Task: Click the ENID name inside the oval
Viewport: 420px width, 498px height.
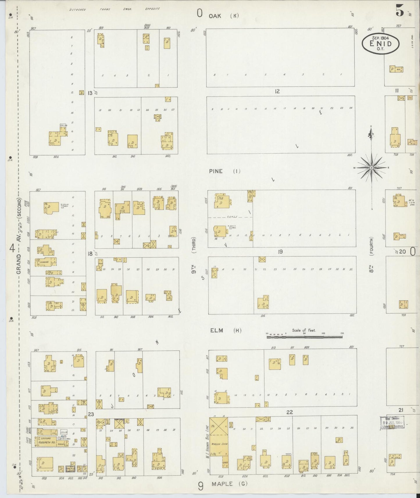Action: click(x=380, y=44)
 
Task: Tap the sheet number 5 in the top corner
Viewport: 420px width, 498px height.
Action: click(x=400, y=11)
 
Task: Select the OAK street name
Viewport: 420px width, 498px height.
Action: click(x=215, y=16)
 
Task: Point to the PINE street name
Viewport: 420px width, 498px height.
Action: click(x=216, y=171)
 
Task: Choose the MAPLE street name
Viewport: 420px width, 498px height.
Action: click(x=222, y=484)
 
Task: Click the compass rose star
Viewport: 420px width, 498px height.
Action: click(x=371, y=168)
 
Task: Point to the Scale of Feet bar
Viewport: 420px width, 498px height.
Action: click(x=304, y=337)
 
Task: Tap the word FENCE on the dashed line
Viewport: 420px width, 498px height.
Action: click(x=234, y=217)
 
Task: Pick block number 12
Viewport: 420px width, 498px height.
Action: click(x=277, y=92)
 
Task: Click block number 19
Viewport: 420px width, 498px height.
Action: click(x=280, y=252)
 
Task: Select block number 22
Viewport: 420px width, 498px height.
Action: click(x=289, y=412)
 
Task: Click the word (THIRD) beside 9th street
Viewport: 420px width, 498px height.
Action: click(x=194, y=245)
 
